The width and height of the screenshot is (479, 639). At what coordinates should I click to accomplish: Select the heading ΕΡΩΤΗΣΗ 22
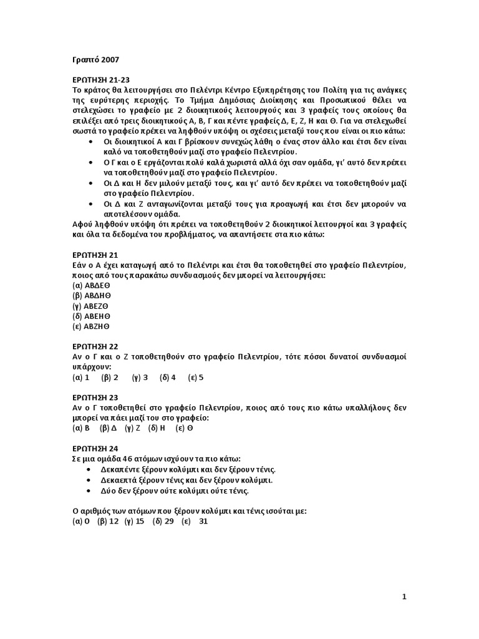pos(95,346)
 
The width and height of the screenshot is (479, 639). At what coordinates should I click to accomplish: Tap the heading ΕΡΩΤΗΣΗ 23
pos(95,398)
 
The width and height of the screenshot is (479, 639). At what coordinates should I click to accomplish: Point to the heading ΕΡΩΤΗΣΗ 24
pos(95,448)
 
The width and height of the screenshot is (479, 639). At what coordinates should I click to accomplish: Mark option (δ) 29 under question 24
pos(163,521)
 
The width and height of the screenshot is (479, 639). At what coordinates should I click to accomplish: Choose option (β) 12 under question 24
pos(108,521)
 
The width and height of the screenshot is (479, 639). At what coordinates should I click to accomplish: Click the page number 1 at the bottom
pos(404,597)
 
